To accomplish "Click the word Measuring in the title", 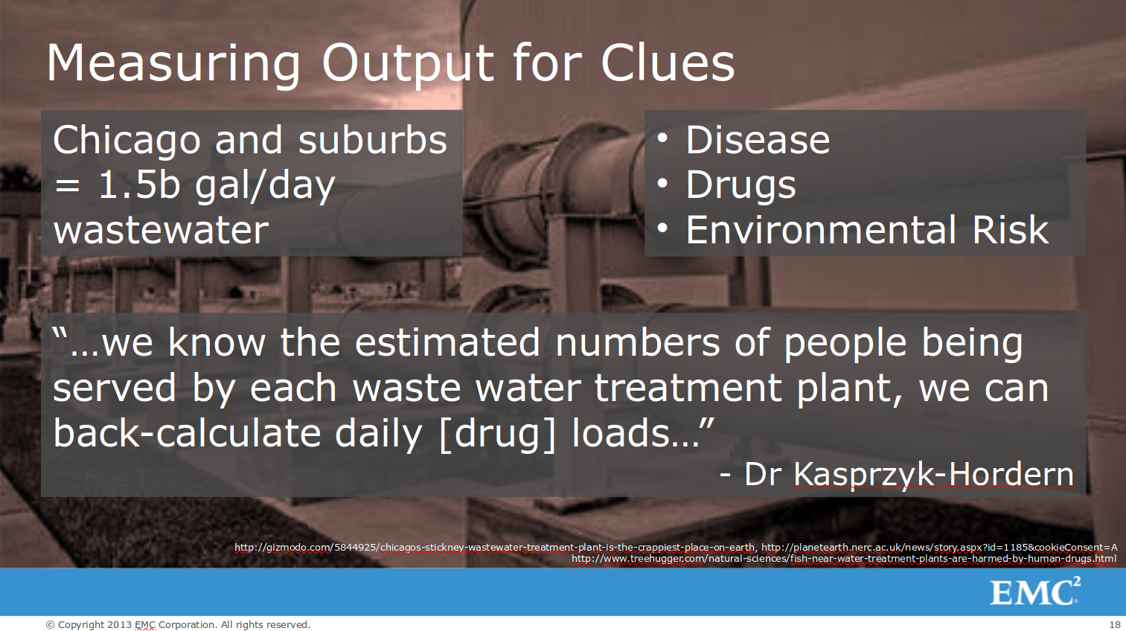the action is point(173,64).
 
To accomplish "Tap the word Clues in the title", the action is point(668,63).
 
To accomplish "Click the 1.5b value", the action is point(138,185).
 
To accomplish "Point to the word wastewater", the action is point(161,231).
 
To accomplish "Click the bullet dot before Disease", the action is point(662,138).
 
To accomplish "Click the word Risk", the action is point(1011,230).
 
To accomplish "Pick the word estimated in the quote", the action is point(447,342).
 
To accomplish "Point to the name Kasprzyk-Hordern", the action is point(933,475).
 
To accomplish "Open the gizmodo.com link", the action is point(495,547).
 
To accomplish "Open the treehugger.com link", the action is point(844,559).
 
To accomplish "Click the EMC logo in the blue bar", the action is point(1035,592).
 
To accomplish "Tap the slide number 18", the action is point(1114,625).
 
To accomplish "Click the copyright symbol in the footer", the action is point(50,625).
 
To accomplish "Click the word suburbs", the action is point(373,140).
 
